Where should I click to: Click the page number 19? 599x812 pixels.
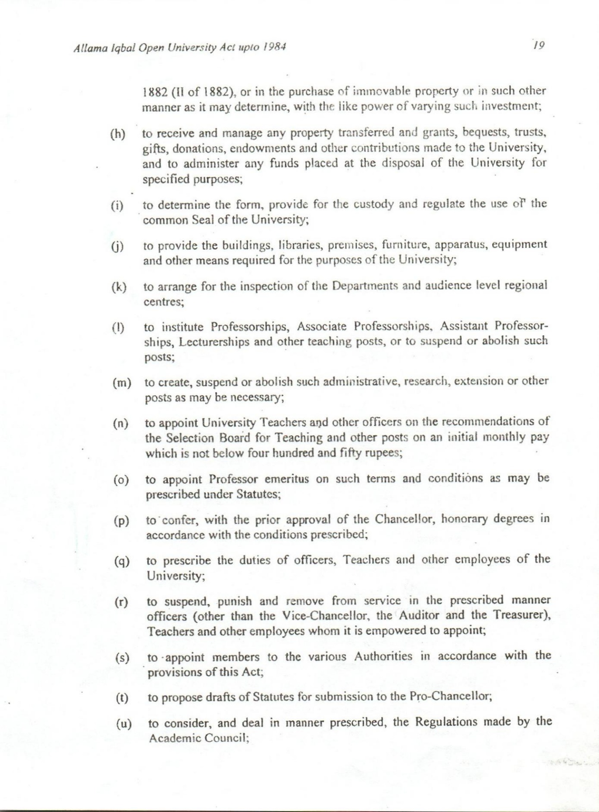[x=539, y=45]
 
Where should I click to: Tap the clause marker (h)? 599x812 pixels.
[x=118, y=134]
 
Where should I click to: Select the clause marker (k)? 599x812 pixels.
[x=119, y=287]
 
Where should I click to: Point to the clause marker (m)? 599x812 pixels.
[x=122, y=383]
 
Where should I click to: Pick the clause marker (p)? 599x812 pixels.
[x=121, y=521]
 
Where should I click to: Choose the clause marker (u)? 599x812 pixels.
[x=124, y=724]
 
